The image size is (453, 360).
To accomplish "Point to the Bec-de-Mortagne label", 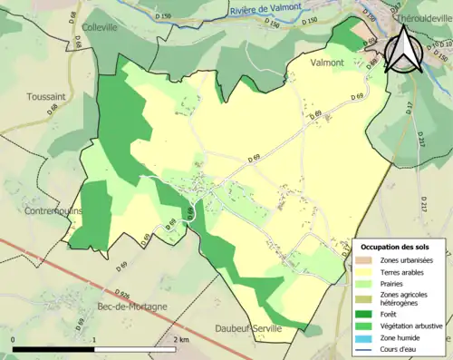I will (x=131, y=306).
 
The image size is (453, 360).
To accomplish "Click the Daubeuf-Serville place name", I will (x=248, y=327).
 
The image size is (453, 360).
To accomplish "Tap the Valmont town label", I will (x=326, y=63).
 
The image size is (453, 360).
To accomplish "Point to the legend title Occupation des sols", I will (x=395, y=247).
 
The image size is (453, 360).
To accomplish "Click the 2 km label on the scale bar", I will (x=184, y=339).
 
